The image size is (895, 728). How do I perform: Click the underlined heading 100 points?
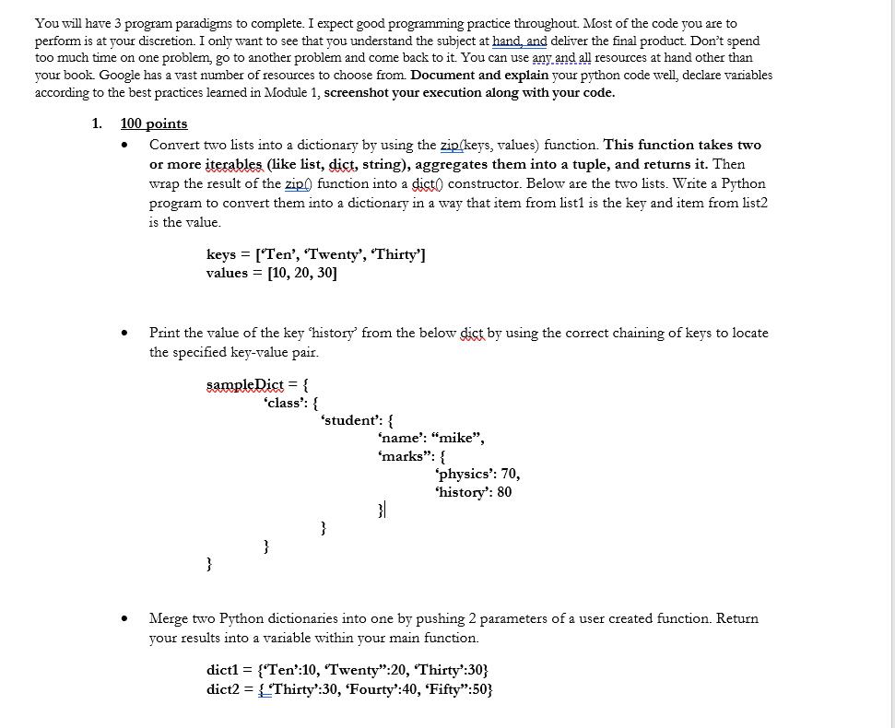[154, 123]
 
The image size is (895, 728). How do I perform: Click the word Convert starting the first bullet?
[176, 145]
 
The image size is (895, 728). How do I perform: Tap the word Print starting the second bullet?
[165, 333]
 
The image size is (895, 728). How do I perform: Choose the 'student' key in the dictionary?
[351, 420]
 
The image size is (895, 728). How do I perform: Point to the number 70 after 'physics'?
[509, 474]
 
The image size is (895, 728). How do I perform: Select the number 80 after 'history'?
[504, 492]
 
